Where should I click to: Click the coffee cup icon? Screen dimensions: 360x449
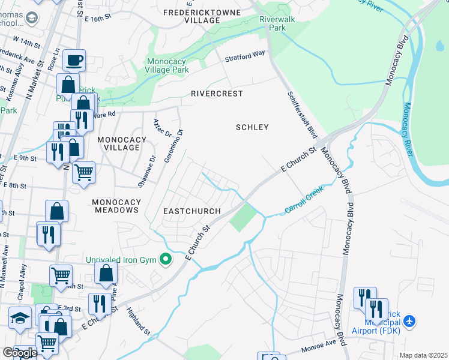(x=74, y=60)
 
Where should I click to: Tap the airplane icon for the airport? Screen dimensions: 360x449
(x=410, y=322)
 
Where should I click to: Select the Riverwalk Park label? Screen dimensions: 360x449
(x=273, y=23)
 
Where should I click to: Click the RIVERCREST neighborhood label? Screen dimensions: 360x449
(x=217, y=94)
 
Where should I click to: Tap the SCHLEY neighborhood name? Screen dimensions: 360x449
(x=252, y=127)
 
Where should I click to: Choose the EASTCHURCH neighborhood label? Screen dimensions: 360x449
(x=192, y=211)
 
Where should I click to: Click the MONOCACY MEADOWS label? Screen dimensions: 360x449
(x=116, y=206)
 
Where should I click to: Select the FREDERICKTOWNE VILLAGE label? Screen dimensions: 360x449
(x=204, y=16)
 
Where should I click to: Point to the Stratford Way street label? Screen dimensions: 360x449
(x=245, y=56)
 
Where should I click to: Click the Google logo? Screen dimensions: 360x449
(x=20, y=353)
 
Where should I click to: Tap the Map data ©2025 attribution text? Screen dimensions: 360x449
(x=423, y=355)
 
